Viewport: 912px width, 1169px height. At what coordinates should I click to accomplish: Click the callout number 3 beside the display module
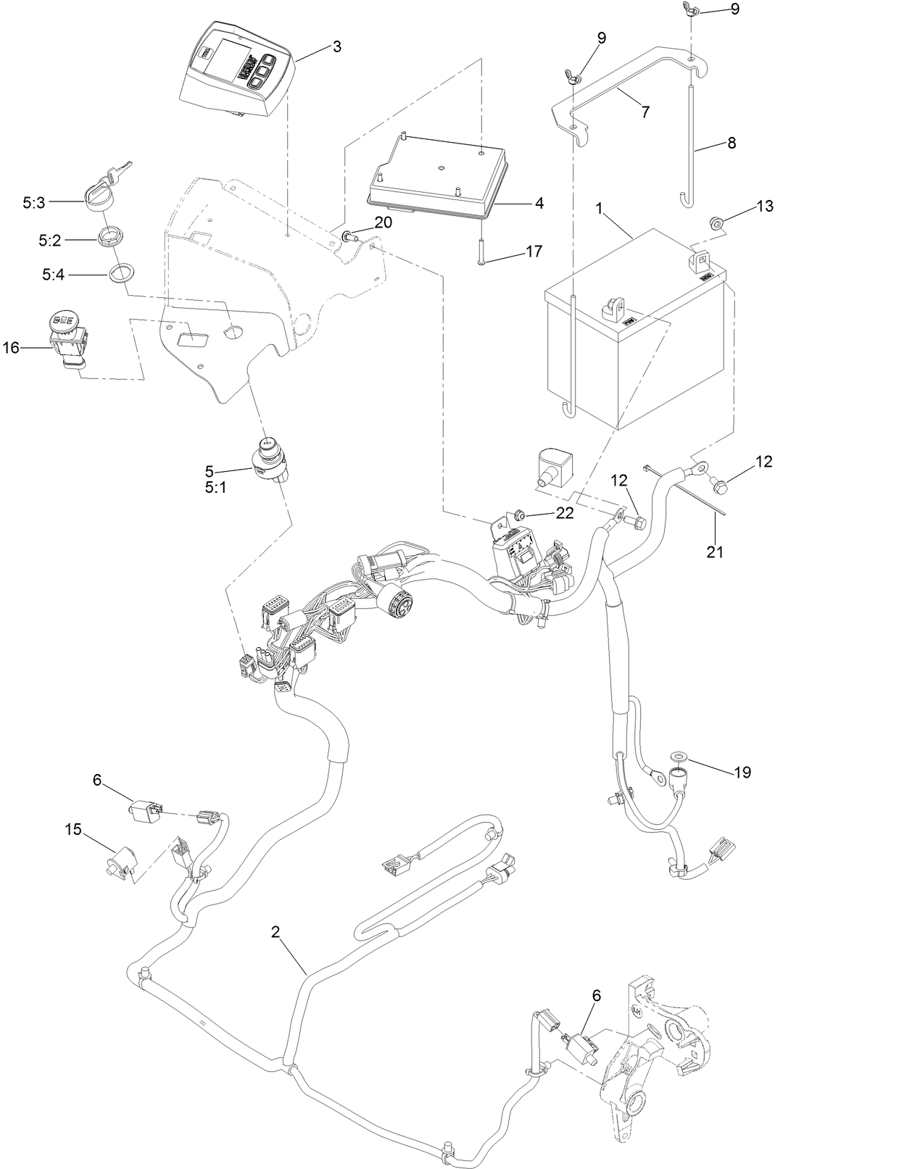coord(337,46)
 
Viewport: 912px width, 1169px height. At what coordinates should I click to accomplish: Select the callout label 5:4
coord(54,275)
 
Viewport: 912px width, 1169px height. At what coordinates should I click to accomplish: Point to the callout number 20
coord(383,222)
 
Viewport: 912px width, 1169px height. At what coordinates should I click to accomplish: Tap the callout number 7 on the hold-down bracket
coord(644,112)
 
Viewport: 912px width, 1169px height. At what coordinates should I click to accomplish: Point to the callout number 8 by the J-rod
coord(731,143)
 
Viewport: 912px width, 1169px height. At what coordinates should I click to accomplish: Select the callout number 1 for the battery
coord(600,208)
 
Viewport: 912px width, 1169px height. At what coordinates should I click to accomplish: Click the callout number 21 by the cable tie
coord(716,552)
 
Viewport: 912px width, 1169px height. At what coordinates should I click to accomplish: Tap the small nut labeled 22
coord(520,515)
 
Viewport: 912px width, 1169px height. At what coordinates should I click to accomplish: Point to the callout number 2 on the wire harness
coord(275,932)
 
